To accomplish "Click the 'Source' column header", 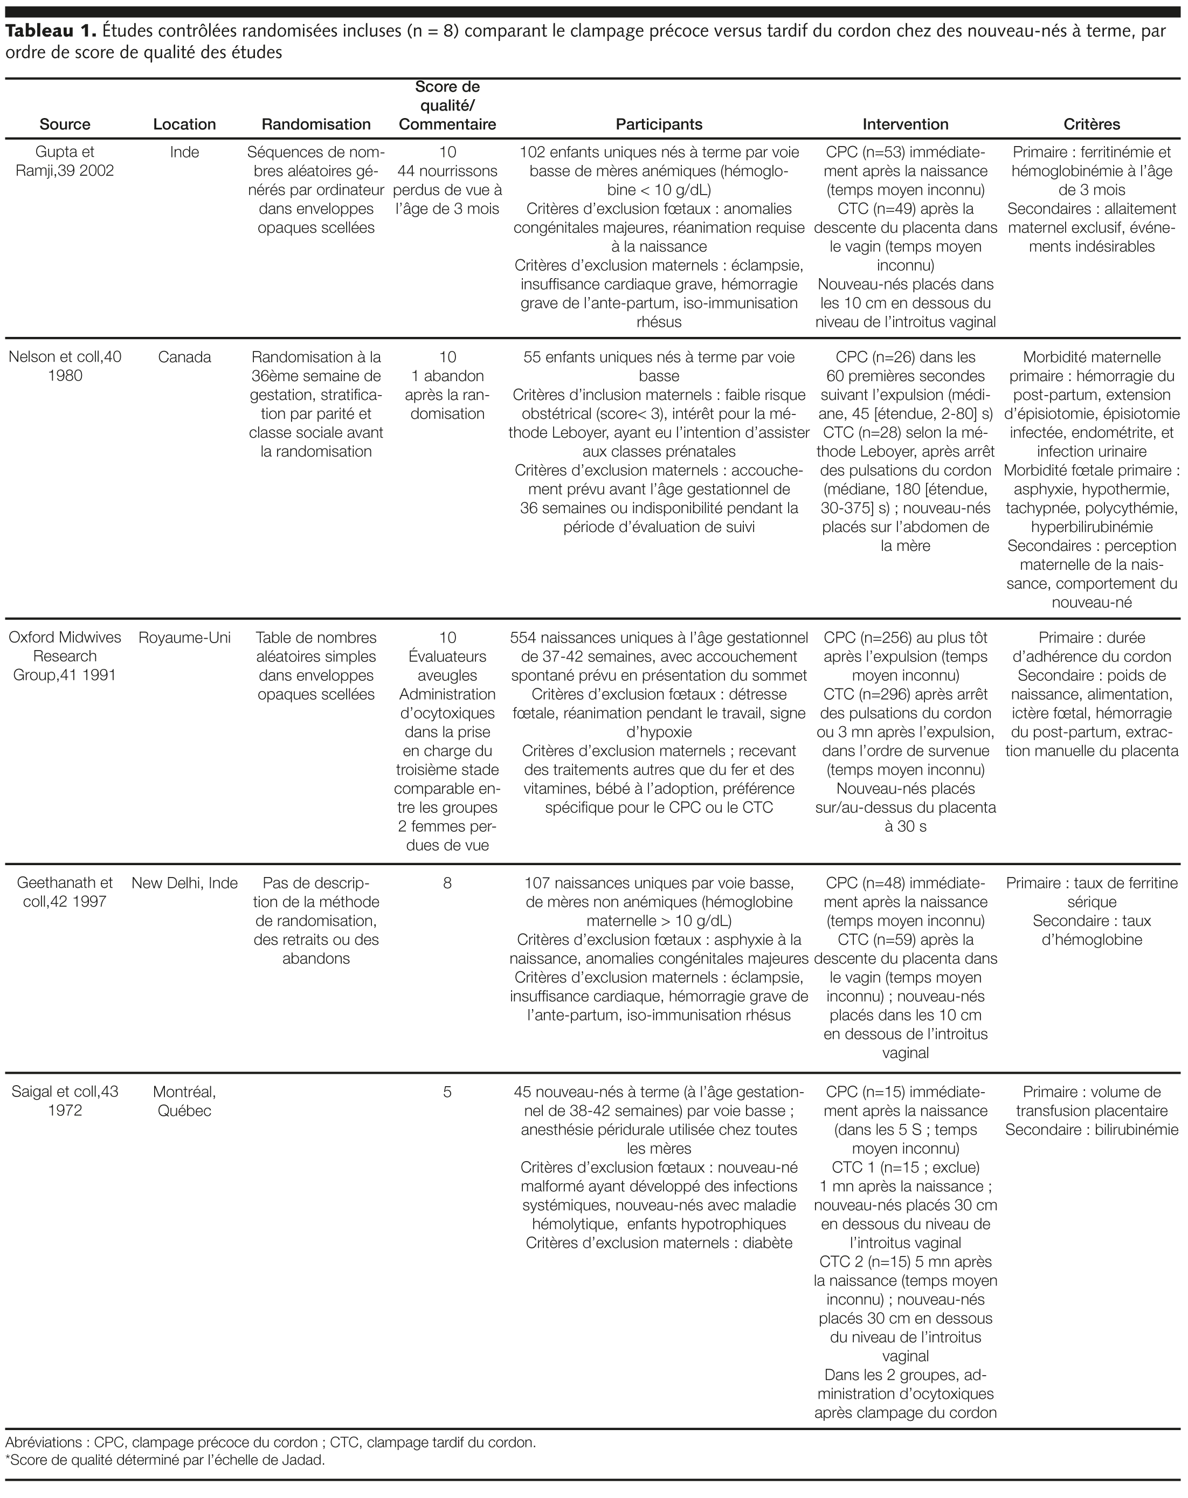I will click(x=65, y=125).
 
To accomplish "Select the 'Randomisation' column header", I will click(x=316, y=125).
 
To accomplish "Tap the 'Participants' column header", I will click(x=659, y=125).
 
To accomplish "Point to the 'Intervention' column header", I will click(x=905, y=125).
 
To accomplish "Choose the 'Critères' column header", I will click(x=1092, y=125).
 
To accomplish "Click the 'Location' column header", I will click(x=184, y=125).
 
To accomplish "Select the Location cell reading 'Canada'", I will click(x=184, y=357).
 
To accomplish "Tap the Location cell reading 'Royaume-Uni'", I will click(x=184, y=638).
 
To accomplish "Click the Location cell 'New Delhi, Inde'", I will click(x=184, y=883).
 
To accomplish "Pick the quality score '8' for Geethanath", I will click(x=447, y=883).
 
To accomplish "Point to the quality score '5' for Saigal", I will click(x=447, y=1092).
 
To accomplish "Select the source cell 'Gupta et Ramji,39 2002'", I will click(x=65, y=161).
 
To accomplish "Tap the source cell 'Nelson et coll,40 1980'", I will click(x=65, y=366).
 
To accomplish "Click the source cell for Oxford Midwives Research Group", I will click(x=65, y=656).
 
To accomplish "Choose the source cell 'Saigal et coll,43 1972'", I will click(x=65, y=1101).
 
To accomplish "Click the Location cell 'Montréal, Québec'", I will click(x=184, y=1101).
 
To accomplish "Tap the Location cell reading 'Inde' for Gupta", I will click(x=184, y=152).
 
